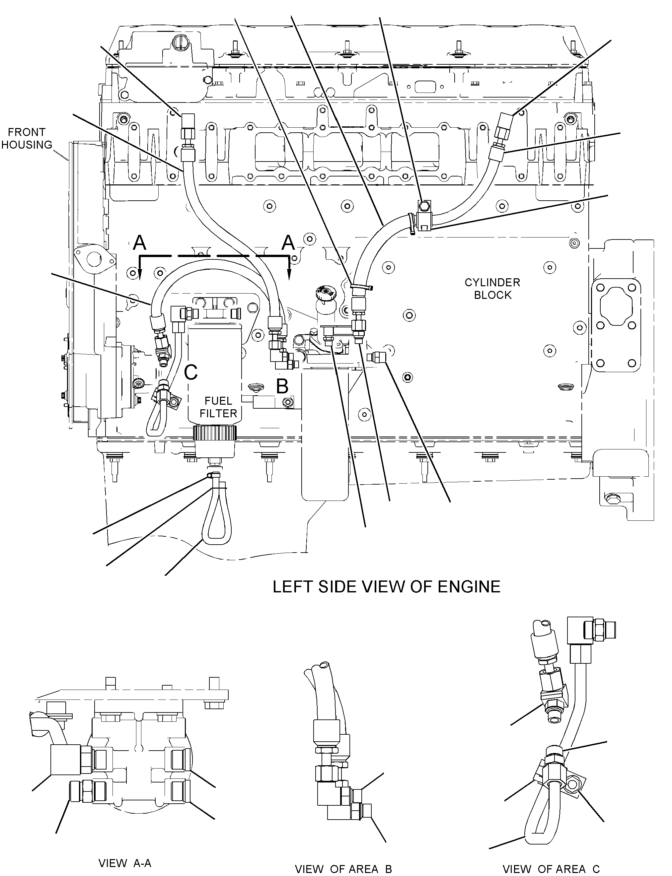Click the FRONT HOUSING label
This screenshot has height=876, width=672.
(x=27, y=138)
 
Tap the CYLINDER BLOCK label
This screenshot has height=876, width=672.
(x=492, y=289)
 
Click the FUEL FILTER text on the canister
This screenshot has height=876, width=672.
(x=218, y=407)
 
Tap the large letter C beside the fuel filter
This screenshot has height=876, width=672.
(x=191, y=372)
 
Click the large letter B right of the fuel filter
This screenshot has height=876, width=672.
(x=282, y=386)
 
